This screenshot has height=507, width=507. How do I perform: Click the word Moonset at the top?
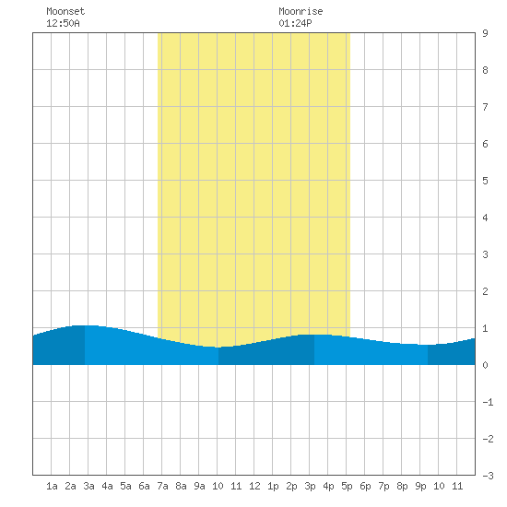point(65,11)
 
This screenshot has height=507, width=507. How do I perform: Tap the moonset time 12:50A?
point(63,23)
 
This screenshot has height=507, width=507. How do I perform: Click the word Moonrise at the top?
point(301,11)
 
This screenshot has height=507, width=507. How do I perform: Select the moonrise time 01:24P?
point(295,23)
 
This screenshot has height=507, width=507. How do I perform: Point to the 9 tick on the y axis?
point(485,33)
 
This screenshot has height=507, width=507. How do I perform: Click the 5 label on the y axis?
point(485,181)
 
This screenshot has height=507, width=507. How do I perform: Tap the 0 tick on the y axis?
point(485,365)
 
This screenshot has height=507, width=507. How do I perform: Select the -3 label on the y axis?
point(488,476)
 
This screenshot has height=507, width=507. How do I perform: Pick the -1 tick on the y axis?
point(488,402)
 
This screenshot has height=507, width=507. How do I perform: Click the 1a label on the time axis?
point(52,486)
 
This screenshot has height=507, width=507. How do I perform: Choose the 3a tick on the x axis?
point(88,486)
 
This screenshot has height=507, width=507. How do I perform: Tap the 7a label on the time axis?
point(162,486)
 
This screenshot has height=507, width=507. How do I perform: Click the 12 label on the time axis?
point(254,486)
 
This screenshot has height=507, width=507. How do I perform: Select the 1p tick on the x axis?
point(273,486)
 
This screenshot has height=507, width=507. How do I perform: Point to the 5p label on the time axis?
point(347,486)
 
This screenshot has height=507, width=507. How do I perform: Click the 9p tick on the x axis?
point(420,486)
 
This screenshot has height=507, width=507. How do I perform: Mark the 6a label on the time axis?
point(144,486)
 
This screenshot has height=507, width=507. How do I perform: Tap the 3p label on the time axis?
point(310,486)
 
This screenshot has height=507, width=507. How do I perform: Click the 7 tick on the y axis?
point(485,107)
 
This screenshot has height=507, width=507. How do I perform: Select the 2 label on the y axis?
point(485,291)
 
